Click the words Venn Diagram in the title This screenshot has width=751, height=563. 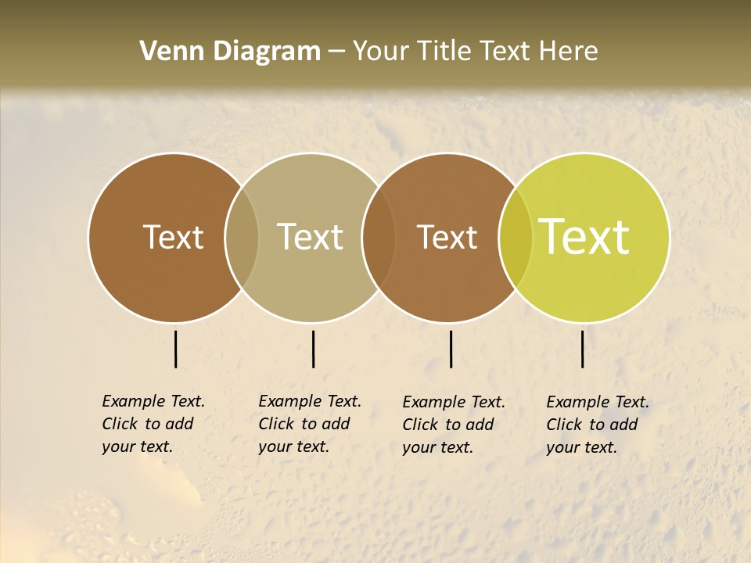(x=230, y=52)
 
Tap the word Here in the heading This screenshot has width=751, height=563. (x=568, y=52)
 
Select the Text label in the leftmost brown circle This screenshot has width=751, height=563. (x=173, y=238)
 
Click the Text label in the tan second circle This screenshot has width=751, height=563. (x=311, y=238)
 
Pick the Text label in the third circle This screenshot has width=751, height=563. (x=447, y=238)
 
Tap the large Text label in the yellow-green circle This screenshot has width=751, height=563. (x=584, y=238)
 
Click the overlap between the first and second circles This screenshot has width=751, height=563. (x=242, y=238)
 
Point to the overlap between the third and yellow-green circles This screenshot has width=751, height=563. (x=516, y=238)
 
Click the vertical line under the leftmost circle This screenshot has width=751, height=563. (x=176, y=349)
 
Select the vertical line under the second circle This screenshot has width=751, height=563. (x=313, y=349)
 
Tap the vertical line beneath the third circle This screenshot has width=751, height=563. (x=451, y=349)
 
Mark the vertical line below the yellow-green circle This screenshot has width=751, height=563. (x=583, y=349)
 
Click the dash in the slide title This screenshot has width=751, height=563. (x=336, y=52)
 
